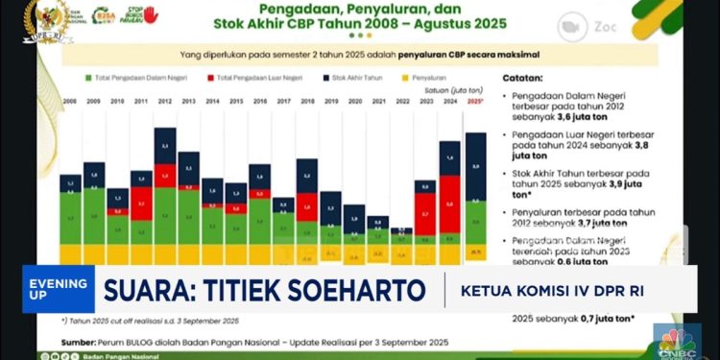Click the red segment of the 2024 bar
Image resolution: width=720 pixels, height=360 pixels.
pos(450,204)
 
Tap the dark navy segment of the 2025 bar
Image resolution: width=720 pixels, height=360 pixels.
pos(475,166)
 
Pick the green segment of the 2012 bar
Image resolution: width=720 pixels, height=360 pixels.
pos(165,214)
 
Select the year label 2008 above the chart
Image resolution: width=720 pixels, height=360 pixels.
pos(70,100)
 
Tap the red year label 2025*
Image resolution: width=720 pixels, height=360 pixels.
pos(475,100)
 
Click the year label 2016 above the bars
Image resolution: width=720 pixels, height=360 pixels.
pos(259,100)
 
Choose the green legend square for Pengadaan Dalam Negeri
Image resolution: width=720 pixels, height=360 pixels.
pos(88,76)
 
